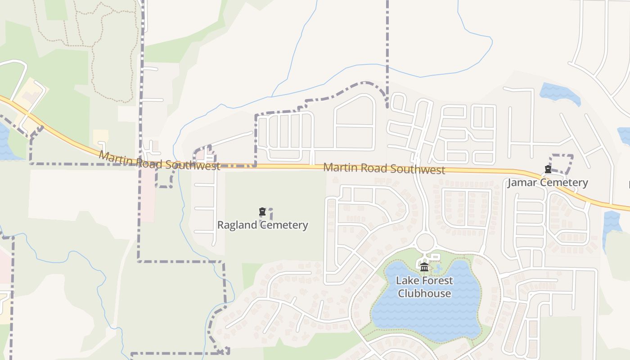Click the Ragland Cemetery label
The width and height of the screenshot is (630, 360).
point(262,225)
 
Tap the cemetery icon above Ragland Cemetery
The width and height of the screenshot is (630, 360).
point(262,211)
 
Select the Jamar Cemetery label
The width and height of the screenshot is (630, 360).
point(548,182)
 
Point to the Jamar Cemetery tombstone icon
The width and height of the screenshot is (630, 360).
point(548,169)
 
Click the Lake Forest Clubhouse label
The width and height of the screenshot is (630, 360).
point(424,287)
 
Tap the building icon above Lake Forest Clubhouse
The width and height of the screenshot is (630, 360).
point(424,268)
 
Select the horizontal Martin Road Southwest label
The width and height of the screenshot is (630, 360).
point(384,169)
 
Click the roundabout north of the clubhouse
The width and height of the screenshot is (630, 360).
point(425,242)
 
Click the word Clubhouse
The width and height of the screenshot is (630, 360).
point(424,293)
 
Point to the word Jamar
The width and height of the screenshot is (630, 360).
point(522,182)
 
